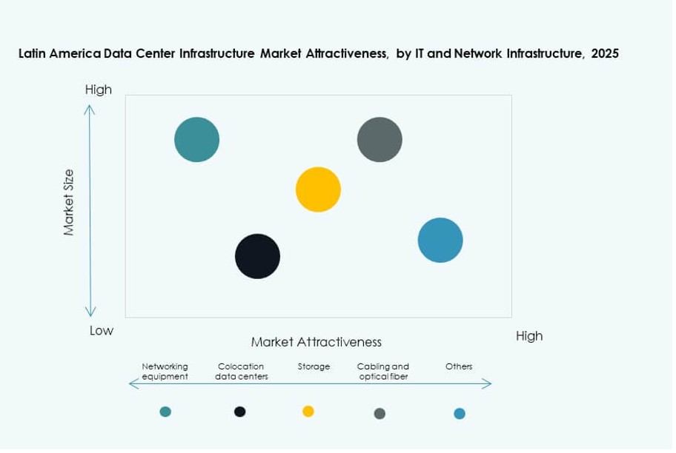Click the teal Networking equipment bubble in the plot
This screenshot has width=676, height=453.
[x=197, y=139]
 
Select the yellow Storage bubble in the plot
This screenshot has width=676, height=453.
[x=318, y=189]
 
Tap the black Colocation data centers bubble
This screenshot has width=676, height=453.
[x=257, y=256]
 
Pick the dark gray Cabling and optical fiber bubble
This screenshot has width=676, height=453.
[x=380, y=139]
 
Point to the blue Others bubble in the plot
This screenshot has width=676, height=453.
[x=440, y=240]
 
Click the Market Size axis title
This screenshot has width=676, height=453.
[x=69, y=202]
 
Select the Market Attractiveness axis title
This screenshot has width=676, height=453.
[x=316, y=342]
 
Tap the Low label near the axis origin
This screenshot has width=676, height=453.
[x=102, y=331]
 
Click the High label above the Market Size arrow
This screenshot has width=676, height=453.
[x=98, y=90]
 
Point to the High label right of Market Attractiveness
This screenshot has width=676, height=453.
[x=529, y=336]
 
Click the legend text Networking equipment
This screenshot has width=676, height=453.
[x=165, y=371]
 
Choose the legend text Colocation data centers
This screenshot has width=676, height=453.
[x=242, y=371]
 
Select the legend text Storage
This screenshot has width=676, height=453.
[x=314, y=366]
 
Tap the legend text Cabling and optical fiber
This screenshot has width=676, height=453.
[x=382, y=371]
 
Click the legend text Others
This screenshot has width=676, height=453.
[x=459, y=366]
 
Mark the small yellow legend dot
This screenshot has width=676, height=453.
[x=308, y=412]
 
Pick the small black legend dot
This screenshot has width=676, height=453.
[x=239, y=412]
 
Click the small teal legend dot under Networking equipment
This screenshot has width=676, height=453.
[x=165, y=412]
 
